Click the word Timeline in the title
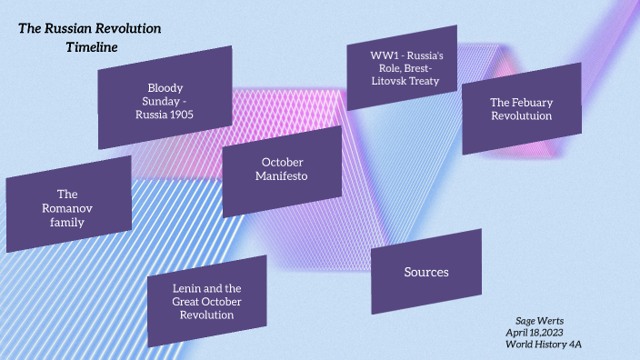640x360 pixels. tap(92, 46)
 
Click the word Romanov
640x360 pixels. tap(68, 208)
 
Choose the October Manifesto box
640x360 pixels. tap(282, 171)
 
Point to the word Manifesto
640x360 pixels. tap(282, 176)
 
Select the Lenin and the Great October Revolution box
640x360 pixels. tap(206, 301)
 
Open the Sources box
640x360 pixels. tap(426, 272)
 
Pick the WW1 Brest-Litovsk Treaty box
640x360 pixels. tap(402, 67)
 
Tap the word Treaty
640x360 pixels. tap(425, 81)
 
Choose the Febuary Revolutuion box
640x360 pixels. tap(521, 109)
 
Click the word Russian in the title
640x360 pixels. tap(69, 28)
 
